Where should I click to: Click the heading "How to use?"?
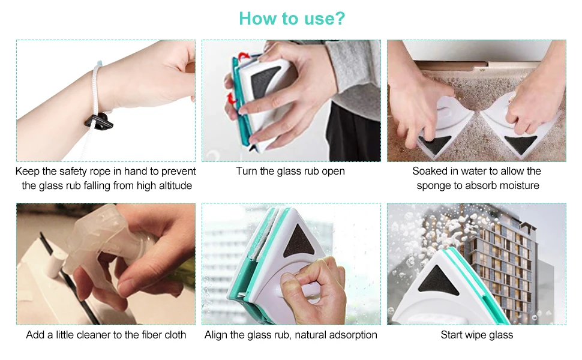coord(292,19)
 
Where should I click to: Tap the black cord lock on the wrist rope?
coord(100,122)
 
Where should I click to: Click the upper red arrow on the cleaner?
coord(244,57)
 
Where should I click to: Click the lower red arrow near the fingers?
coord(232,98)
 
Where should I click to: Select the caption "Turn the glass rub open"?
coord(290,171)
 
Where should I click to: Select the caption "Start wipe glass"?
coord(476,335)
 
